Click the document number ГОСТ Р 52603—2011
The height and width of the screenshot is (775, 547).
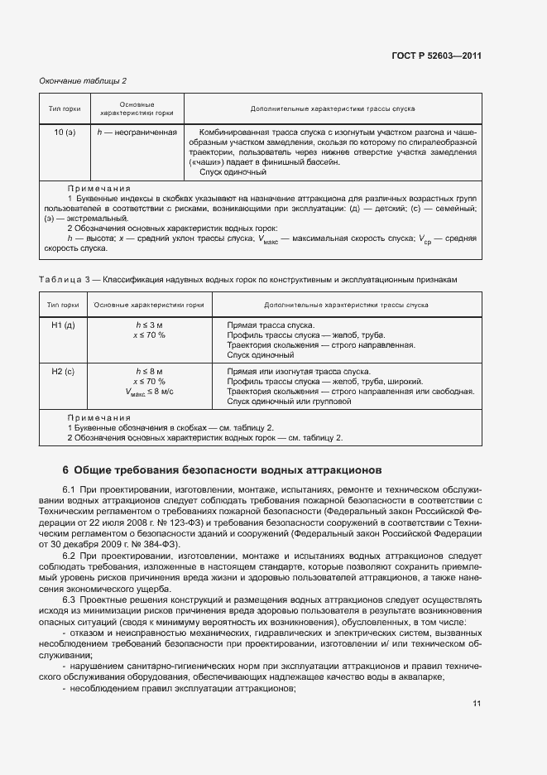pos(437,56)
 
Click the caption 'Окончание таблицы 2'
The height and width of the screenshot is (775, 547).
pos(83,80)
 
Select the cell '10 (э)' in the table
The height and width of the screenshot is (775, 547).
pos(65,132)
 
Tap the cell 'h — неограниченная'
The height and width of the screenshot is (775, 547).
pos(137,132)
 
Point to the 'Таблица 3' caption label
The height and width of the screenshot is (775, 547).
pos(61,280)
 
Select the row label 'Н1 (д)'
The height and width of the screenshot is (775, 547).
pos(65,325)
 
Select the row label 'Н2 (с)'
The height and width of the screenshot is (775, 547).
pos(65,372)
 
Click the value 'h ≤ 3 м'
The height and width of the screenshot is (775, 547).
pos(150,325)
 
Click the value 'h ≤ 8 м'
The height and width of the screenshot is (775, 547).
pos(150,372)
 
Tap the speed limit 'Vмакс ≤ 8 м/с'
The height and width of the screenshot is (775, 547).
pos(150,392)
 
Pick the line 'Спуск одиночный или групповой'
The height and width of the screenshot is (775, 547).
pos(289,402)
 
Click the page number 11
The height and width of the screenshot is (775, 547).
pos(477,704)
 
